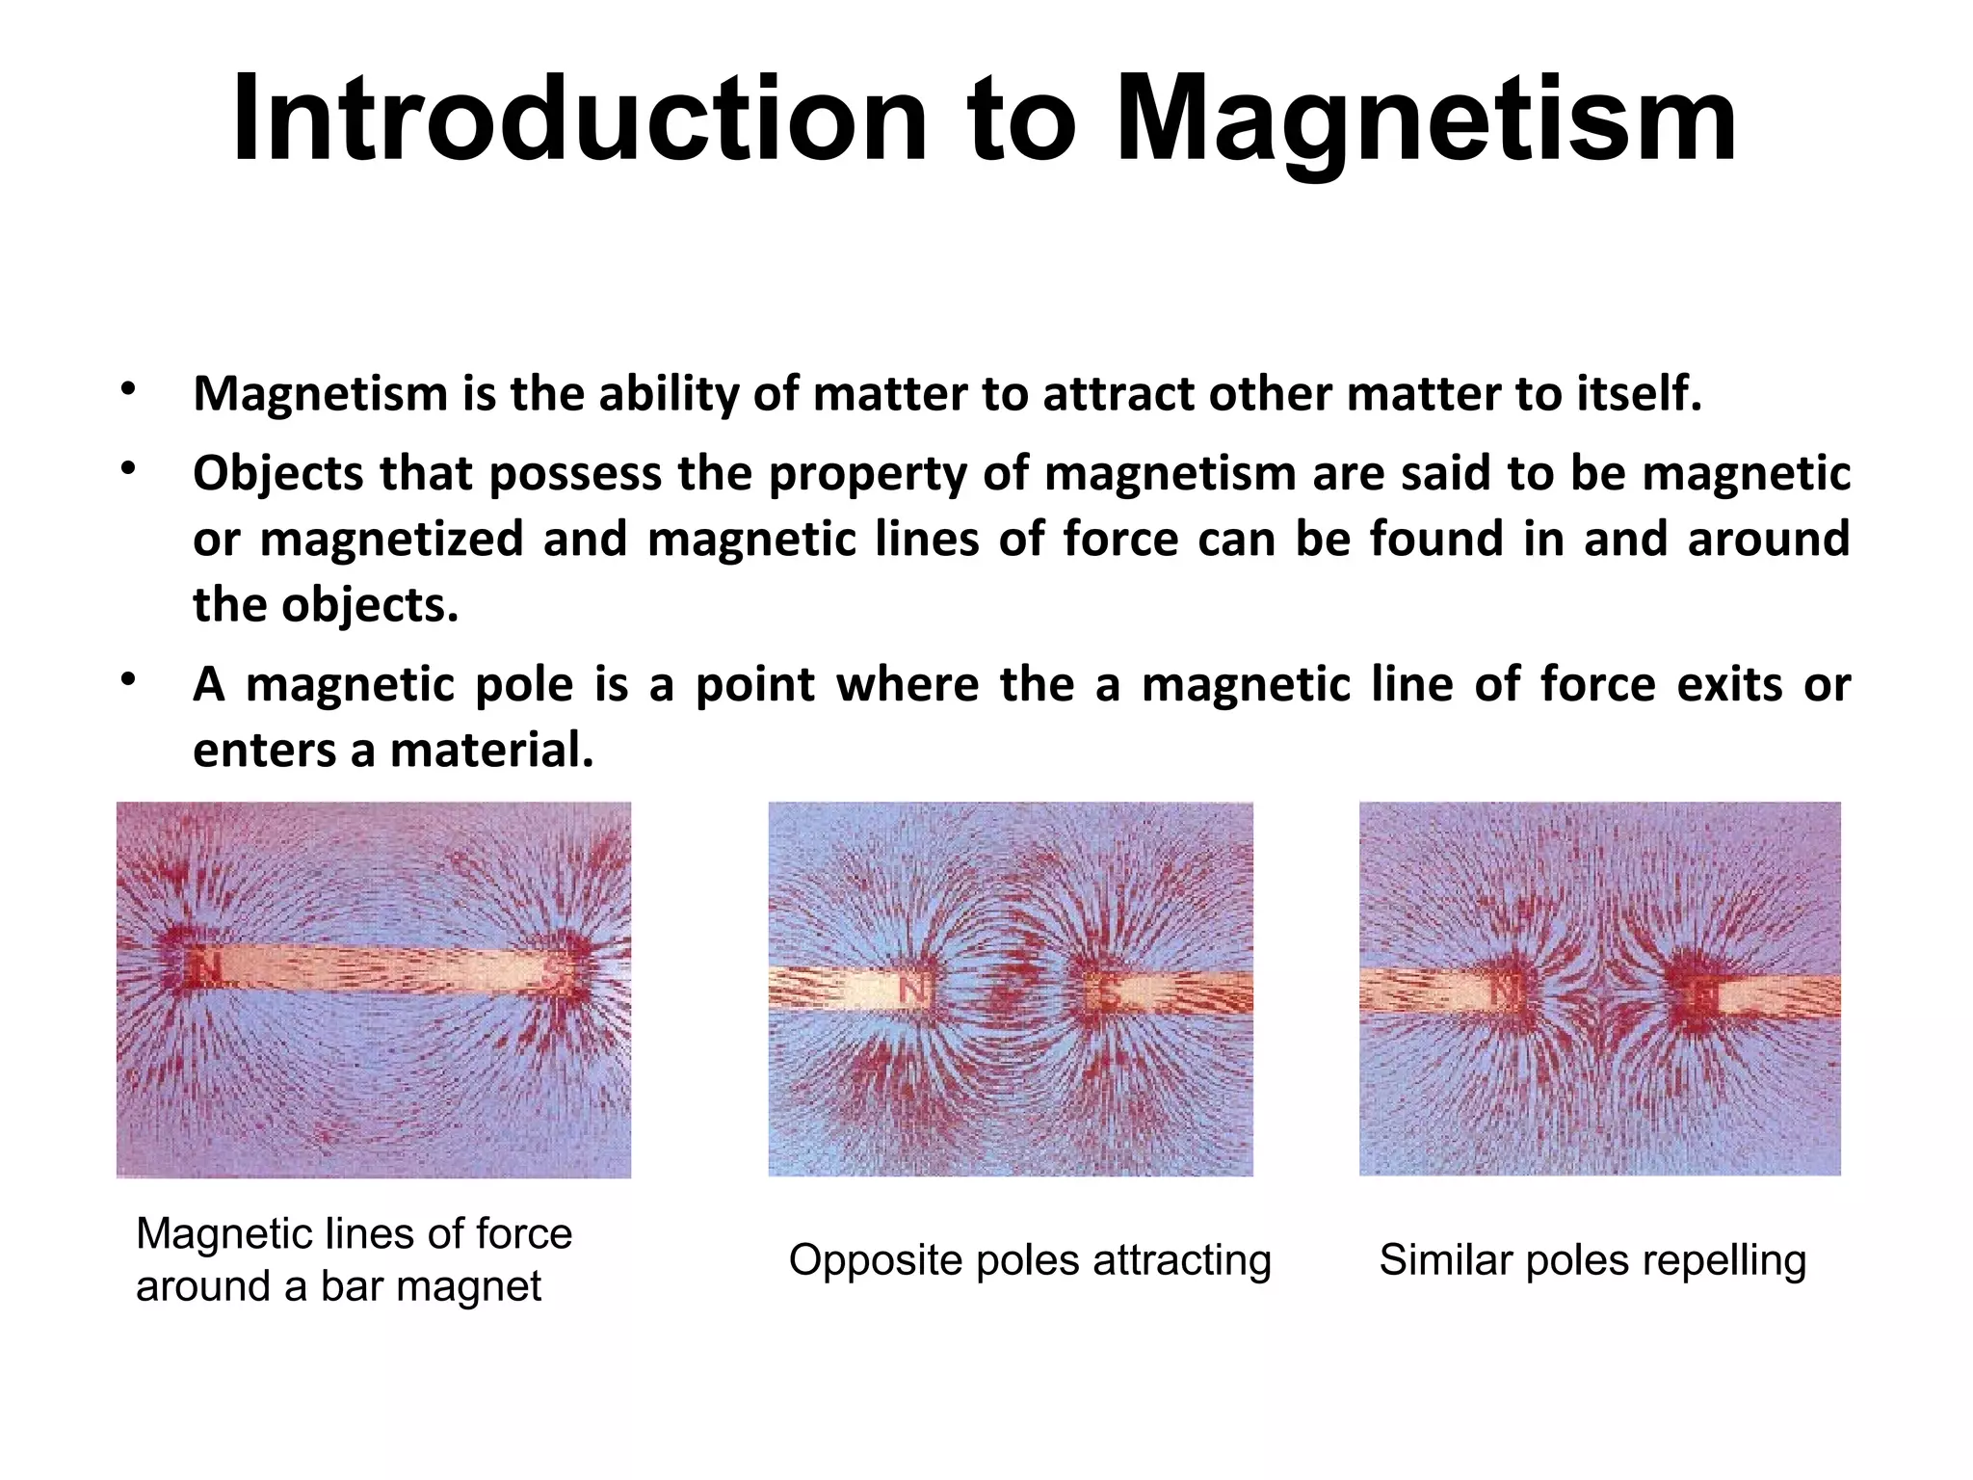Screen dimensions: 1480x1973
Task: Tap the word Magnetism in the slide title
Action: pyautogui.click(x=1426, y=119)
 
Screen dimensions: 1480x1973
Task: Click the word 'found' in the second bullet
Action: pyautogui.click(x=1436, y=538)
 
